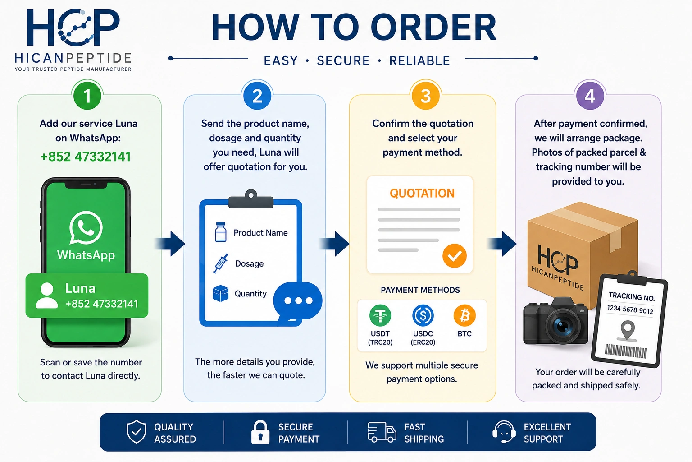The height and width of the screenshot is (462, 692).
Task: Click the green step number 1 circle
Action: [x=87, y=96]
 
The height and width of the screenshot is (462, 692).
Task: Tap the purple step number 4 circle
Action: [x=590, y=96]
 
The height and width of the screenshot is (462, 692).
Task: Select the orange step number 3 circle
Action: [x=426, y=96]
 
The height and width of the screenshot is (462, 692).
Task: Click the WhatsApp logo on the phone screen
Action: [x=86, y=227]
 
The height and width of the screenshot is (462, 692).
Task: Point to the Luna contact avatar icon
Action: [x=47, y=296]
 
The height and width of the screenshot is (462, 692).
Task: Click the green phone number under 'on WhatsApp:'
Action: [x=86, y=157]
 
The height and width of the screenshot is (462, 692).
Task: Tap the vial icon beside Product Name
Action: [x=221, y=232]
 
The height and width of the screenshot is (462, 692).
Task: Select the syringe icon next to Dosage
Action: [x=221, y=263]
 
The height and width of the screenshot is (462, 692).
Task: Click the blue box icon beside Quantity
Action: [x=221, y=293]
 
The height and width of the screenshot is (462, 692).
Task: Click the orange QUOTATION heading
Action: [x=422, y=194]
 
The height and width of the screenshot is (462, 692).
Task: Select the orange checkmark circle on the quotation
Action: [x=455, y=256]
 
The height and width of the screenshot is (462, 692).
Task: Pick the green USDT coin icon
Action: [x=380, y=316]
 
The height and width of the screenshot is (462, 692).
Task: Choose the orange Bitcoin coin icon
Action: [x=464, y=316]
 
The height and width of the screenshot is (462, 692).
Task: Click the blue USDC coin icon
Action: [x=423, y=316]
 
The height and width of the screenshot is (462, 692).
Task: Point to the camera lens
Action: [x=562, y=325]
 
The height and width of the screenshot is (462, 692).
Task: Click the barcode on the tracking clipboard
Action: [x=626, y=351]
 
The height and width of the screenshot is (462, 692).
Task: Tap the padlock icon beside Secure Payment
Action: [x=260, y=432]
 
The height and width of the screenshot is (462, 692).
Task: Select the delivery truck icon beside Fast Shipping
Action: [x=382, y=432]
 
